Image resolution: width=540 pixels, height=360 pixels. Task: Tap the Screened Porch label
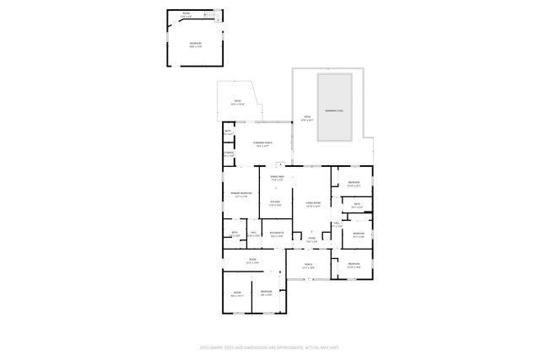[262, 143]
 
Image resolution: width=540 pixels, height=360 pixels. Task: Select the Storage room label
[228, 154]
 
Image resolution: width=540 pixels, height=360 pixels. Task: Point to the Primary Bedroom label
[241, 194]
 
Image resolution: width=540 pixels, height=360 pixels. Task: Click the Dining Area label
[276, 178]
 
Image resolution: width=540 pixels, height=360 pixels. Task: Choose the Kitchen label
[275, 202]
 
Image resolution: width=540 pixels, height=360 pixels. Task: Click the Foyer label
[311, 239]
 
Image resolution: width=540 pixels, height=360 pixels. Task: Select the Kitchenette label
[277, 234]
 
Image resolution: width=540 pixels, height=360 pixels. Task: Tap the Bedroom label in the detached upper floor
[195, 45]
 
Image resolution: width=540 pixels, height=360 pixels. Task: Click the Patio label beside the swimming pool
[305, 118]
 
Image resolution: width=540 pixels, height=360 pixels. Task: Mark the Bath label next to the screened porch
[228, 132]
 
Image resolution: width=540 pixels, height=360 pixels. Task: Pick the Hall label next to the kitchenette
[253, 234]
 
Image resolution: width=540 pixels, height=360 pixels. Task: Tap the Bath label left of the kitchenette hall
[234, 234]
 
